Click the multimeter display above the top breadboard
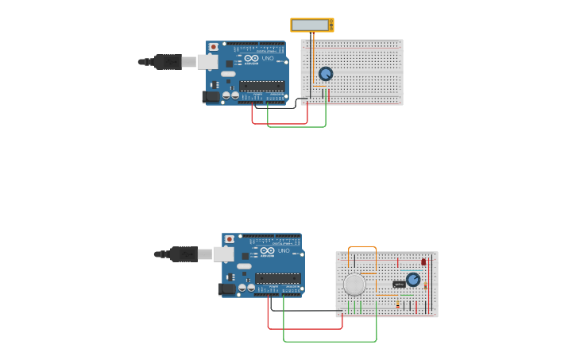(311, 25)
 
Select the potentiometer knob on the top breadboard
(326, 74)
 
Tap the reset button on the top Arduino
(214, 47)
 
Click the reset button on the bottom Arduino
(230, 239)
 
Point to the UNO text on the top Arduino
(268, 58)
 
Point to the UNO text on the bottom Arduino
(284, 250)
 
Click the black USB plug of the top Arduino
(168, 61)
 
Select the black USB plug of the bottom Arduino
(184, 254)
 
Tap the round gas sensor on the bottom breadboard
(354, 284)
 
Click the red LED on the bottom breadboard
(423, 261)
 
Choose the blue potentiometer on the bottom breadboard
(413, 280)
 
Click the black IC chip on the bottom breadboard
(399, 284)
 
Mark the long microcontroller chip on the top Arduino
(261, 85)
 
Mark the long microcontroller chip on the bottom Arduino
(277, 278)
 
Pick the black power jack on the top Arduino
(211, 97)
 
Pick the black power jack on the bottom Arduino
(226, 289)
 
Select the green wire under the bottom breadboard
(330, 342)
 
